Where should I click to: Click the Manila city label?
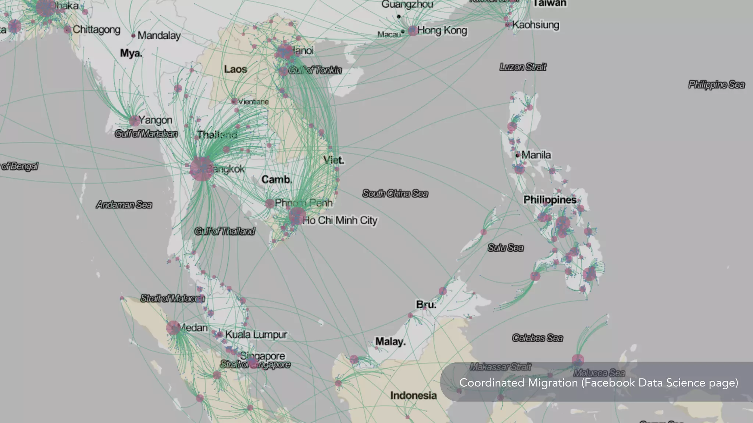pyautogui.click(x=536, y=155)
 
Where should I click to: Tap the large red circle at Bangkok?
pyautogui.click(x=201, y=169)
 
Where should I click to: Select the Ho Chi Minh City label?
pyautogui.click(x=340, y=220)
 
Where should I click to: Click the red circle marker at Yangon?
pyautogui.click(x=134, y=120)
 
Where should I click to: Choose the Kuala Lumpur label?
pyautogui.click(x=256, y=335)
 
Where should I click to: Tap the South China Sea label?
pyautogui.click(x=395, y=194)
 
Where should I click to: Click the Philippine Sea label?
pyautogui.click(x=716, y=85)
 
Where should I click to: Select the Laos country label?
pyautogui.click(x=235, y=69)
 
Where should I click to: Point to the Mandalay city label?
pyautogui.click(x=159, y=36)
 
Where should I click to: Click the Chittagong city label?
pyautogui.click(x=96, y=29)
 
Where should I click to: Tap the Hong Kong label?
pyautogui.click(x=442, y=30)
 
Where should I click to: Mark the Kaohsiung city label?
pyautogui.click(x=536, y=25)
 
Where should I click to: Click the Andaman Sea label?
pyautogui.click(x=124, y=205)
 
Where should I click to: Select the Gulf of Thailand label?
pyautogui.click(x=225, y=231)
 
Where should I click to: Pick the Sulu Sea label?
pyautogui.click(x=506, y=248)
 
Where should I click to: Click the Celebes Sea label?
pyautogui.click(x=537, y=338)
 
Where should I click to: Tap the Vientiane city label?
pyautogui.click(x=253, y=102)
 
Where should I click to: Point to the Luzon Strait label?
pyautogui.click(x=523, y=67)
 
